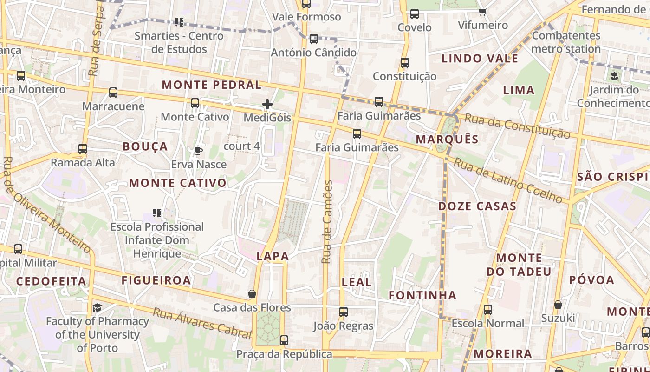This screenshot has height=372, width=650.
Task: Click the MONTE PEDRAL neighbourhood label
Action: click(x=211, y=85)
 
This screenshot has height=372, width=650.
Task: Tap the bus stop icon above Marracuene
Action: click(x=113, y=93)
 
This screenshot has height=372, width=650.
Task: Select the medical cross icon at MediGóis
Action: click(x=267, y=104)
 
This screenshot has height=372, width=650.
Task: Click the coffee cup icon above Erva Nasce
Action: click(x=199, y=151)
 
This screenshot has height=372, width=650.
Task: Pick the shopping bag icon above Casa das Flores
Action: click(x=252, y=294)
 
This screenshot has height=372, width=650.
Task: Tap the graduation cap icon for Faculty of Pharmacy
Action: click(x=97, y=307)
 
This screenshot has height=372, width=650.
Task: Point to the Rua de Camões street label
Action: click(x=327, y=222)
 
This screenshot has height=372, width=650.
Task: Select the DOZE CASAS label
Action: click(x=477, y=206)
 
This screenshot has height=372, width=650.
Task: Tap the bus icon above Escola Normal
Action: click(x=487, y=310)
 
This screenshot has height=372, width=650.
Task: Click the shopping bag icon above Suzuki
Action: click(x=558, y=305)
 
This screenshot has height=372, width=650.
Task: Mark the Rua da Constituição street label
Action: click(x=517, y=126)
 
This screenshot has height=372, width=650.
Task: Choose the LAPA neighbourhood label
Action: click(x=273, y=256)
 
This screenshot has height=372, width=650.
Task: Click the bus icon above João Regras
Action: click(x=344, y=312)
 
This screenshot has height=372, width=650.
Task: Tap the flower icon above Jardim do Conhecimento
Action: click(x=615, y=76)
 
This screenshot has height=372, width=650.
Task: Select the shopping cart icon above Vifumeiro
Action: click(x=483, y=11)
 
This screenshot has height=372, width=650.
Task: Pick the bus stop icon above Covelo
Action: click(x=415, y=14)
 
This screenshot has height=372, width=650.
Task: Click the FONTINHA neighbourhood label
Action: click(x=422, y=295)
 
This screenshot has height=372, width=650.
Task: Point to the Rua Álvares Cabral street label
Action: click(x=202, y=323)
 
